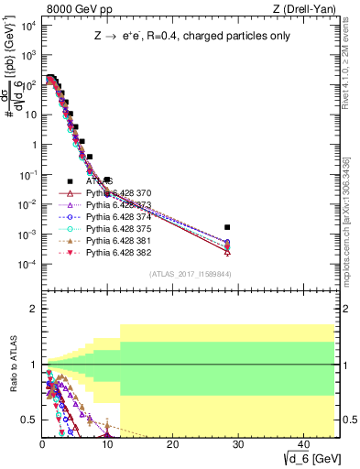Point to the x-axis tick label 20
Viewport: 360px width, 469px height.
click(172, 443)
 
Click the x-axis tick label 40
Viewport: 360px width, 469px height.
click(302, 443)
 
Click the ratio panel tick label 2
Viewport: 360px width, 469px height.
click(32, 309)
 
